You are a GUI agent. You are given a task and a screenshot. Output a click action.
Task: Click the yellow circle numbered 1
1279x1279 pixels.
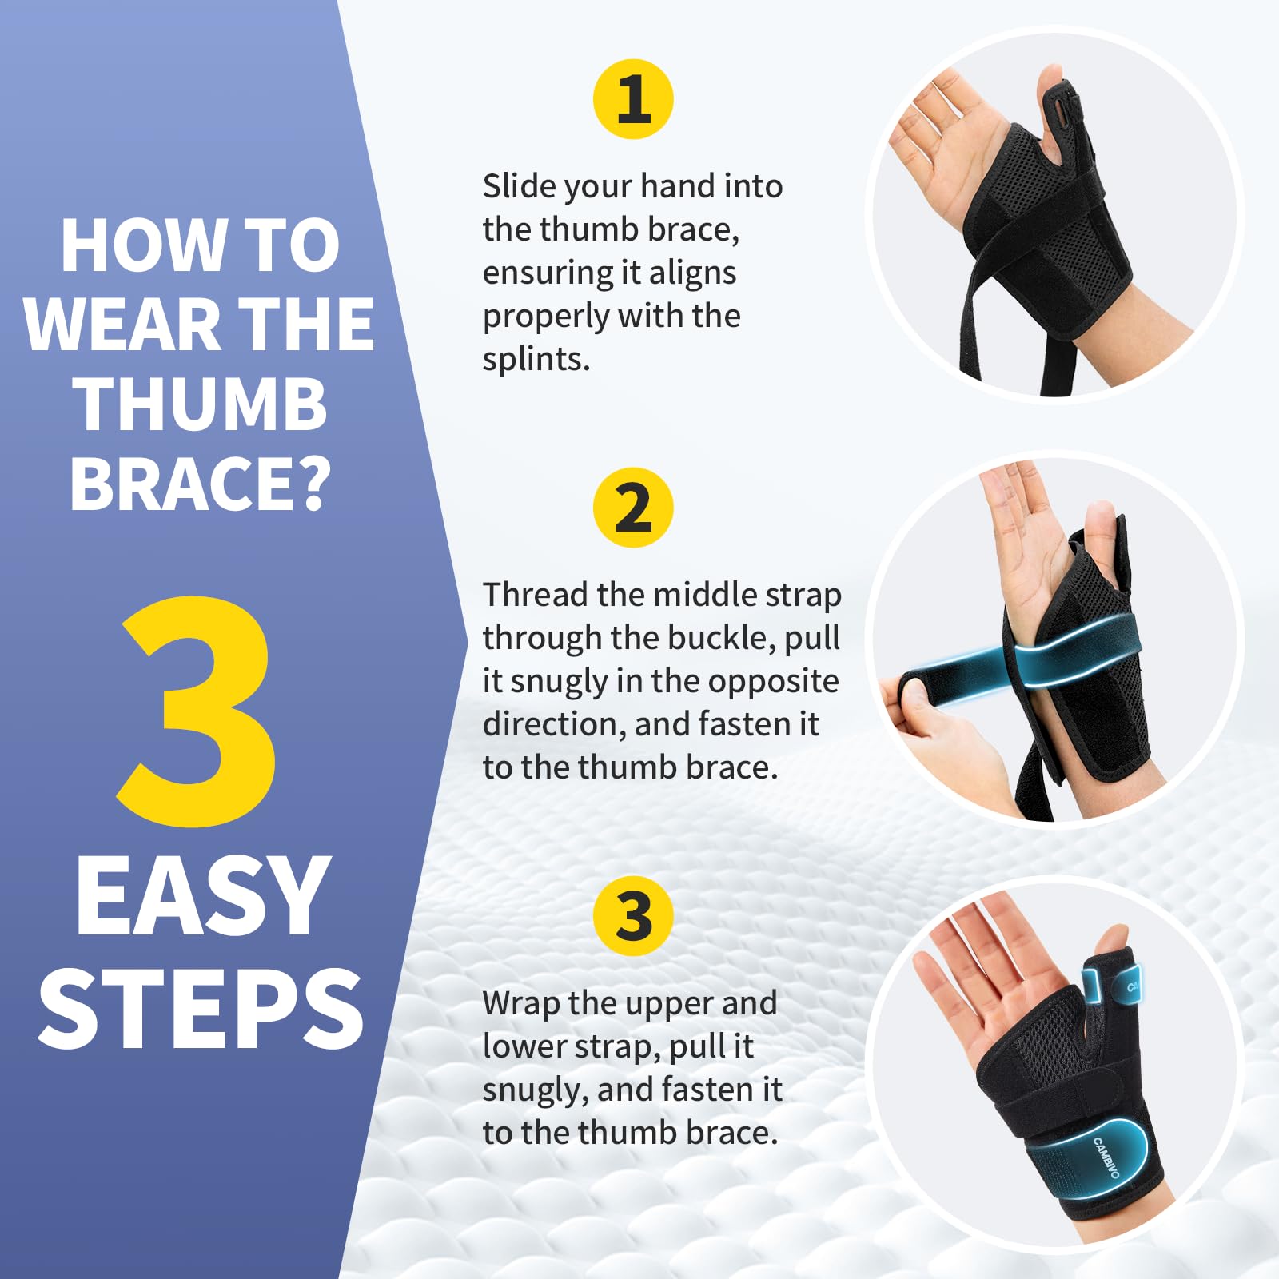click(x=633, y=99)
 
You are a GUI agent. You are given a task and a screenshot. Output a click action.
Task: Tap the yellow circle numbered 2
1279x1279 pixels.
click(x=633, y=508)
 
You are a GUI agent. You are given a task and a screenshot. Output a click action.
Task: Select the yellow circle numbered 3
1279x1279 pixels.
click(x=633, y=916)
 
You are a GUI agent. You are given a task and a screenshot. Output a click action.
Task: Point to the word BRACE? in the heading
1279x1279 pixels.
click(x=200, y=484)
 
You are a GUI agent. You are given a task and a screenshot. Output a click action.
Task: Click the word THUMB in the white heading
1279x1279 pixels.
click(x=201, y=404)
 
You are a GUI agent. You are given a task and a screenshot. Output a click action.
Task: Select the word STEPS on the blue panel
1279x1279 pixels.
click(x=201, y=1008)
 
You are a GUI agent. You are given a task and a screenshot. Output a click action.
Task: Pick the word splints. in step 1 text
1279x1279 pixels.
click(x=536, y=360)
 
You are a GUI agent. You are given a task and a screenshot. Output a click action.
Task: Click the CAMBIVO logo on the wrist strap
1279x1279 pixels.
click(x=1107, y=1157)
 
